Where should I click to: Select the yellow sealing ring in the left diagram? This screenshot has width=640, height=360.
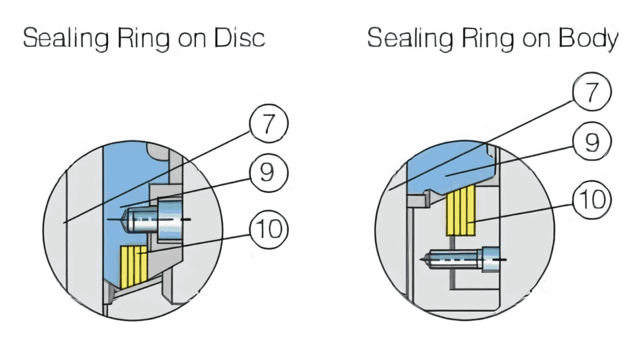point(134,266)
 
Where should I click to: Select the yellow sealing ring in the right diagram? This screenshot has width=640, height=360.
point(461,211)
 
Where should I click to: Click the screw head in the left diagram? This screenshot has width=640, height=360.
point(170,219)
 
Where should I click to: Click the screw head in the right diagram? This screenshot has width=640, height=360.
point(491,259)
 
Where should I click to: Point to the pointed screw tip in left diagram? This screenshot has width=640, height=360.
point(123,219)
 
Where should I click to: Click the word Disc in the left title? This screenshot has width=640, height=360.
point(239,38)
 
